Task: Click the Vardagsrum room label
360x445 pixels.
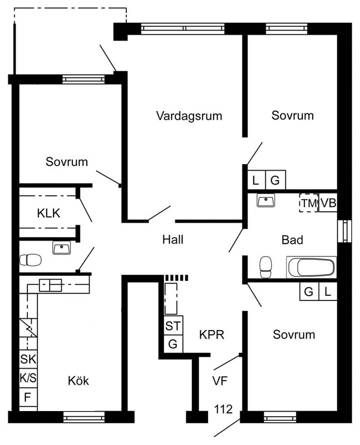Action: click(x=189, y=116)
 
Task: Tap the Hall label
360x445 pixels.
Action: click(x=172, y=240)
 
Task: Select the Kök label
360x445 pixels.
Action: click(x=78, y=380)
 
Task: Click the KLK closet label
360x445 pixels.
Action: click(x=48, y=213)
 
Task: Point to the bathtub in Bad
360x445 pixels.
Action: click(x=312, y=267)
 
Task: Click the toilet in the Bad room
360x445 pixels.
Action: click(x=266, y=267)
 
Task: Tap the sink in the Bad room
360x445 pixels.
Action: click(x=266, y=200)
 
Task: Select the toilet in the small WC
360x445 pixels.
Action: click(x=31, y=260)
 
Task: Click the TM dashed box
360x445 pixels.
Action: click(x=309, y=203)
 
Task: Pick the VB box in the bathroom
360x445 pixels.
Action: click(x=328, y=203)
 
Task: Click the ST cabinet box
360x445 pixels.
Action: click(x=173, y=325)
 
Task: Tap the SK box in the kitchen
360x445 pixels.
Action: click(x=28, y=359)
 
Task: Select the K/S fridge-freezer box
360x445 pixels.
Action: click(x=28, y=378)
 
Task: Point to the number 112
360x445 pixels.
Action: click(x=223, y=409)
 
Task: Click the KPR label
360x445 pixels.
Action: click(x=211, y=335)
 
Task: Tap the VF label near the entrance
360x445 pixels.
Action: click(x=220, y=380)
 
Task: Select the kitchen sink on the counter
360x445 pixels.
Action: click(x=50, y=285)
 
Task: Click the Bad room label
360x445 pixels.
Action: click(x=292, y=240)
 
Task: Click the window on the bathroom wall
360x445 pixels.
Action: click(x=344, y=231)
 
